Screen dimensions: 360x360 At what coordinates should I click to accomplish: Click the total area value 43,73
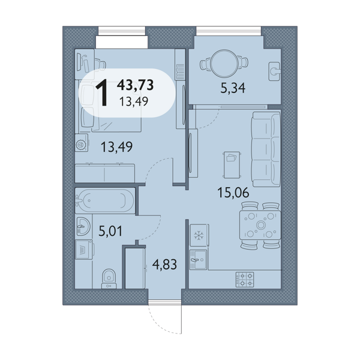(135, 85)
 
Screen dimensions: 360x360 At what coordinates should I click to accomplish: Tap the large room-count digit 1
(101, 92)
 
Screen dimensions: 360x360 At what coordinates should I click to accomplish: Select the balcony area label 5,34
(233, 88)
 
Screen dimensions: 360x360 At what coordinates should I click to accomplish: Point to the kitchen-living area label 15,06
(233, 193)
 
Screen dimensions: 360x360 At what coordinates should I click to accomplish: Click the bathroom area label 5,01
(110, 231)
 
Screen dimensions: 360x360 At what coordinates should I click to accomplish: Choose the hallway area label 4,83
(164, 265)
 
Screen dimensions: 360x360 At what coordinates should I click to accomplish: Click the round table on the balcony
(224, 62)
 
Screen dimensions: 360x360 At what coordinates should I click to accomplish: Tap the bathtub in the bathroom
(104, 200)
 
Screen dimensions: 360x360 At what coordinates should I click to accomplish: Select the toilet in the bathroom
(109, 279)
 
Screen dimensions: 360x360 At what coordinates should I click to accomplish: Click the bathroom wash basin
(83, 226)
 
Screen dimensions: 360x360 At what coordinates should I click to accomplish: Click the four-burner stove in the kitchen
(245, 280)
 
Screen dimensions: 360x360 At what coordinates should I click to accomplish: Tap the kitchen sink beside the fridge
(198, 260)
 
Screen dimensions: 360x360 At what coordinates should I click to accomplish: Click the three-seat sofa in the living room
(266, 149)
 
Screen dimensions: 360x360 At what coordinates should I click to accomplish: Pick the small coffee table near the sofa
(232, 164)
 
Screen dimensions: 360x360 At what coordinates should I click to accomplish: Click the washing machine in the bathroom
(84, 250)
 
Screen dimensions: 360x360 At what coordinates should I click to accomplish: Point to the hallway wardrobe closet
(135, 268)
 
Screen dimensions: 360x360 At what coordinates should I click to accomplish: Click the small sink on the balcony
(274, 71)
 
